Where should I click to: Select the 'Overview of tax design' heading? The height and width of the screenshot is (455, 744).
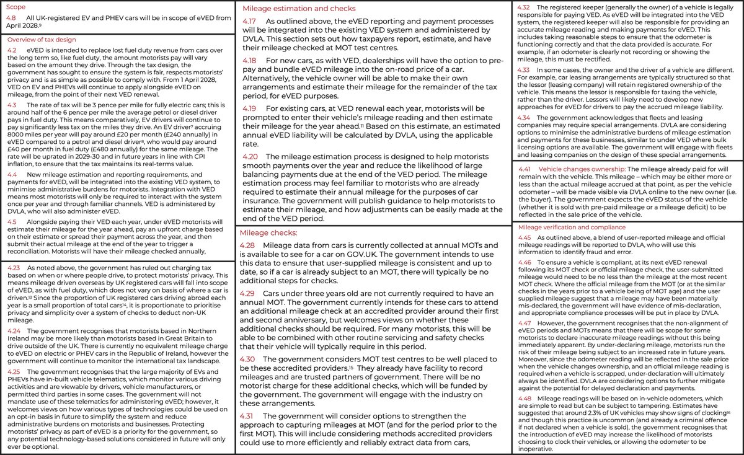coord(37,38)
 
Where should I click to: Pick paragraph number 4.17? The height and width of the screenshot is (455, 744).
coord(251,22)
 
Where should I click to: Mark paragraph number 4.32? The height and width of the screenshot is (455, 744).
coord(523,7)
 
